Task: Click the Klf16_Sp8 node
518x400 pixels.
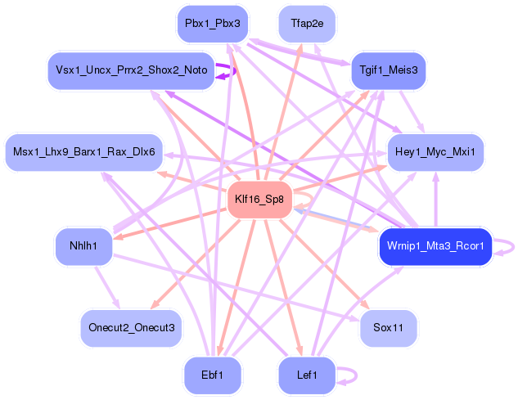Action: click(x=259, y=200)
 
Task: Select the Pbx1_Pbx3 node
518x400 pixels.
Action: click(x=213, y=24)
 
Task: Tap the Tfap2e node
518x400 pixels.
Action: click(x=307, y=24)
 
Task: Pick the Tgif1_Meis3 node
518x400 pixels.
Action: click(x=389, y=70)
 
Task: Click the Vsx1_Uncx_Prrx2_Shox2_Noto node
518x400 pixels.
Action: click(x=131, y=70)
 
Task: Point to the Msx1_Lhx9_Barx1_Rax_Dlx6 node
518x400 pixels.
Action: click(x=84, y=152)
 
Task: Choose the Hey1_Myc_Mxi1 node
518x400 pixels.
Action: click(x=435, y=152)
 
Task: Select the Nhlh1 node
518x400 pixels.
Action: click(x=83, y=246)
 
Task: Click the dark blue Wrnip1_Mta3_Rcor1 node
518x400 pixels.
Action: click(x=435, y=246)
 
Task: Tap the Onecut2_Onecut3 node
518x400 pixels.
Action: click(x=131, y=328)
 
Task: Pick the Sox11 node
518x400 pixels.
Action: click(x=388, y=328)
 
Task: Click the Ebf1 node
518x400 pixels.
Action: click(x=213, y=375)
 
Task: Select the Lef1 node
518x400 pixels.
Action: click(x=307, y=375)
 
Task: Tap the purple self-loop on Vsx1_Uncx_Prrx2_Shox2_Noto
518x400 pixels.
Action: click(x=235, y=70)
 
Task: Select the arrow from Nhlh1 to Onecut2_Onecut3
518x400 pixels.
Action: click(x=107, y=287)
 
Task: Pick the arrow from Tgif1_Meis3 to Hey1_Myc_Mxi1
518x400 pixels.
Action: click(x=412, y=111)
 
